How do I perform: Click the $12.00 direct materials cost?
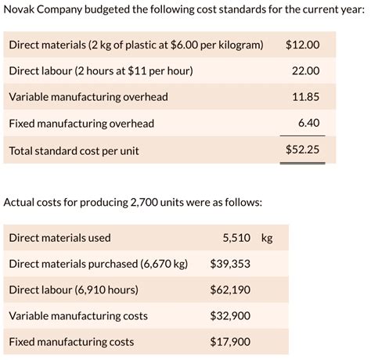(303, 45)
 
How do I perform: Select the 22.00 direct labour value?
(305, 70)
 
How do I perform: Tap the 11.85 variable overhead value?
(305, 97)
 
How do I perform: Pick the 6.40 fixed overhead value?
(308, 123)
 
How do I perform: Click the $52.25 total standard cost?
(303, 149)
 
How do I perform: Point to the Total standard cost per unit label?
(74, 150)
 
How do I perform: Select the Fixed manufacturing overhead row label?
(81, 124)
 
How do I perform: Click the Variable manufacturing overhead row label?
(88, 97)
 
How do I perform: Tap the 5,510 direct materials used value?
(236, 237)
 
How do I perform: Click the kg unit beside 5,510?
(266, 237)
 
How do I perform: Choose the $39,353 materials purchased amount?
(230, 264)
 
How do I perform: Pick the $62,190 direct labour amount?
(230, 290)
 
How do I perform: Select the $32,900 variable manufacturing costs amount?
(230, 315)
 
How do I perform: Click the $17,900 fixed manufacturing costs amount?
(230, 342)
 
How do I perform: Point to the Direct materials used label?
(59, 238)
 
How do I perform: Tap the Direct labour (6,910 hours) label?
(73, 290)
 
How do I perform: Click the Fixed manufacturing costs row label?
(71, 342)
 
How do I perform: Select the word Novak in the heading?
(20, 10)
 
